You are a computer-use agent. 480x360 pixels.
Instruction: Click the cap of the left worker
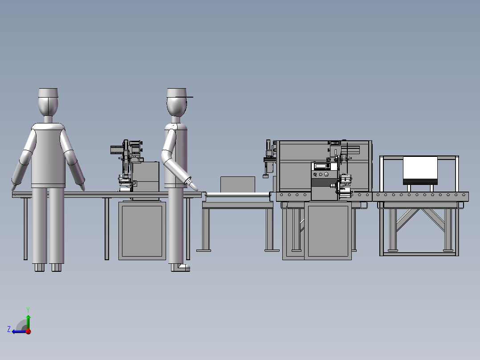(48, 93)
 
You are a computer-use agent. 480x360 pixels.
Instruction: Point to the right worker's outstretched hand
(193, 183)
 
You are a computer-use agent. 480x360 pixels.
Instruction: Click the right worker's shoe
(183, 267)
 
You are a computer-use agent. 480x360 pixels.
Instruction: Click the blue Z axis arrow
(18, 331)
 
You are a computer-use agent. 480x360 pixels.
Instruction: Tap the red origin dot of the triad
(28, 331)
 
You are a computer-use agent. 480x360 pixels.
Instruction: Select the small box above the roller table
(237, 184)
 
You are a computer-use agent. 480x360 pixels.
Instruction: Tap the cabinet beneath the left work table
(142, 230)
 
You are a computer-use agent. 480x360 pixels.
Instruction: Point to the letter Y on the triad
(28, 309)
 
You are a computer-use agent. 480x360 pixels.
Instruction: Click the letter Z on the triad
(9, 329)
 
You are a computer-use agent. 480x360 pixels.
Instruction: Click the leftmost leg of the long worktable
(25, 228)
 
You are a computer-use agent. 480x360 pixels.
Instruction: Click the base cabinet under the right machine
(328, 232)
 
